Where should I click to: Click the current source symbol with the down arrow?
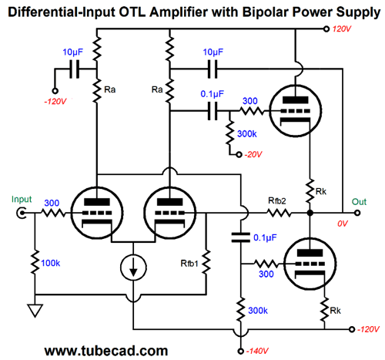point(133,267)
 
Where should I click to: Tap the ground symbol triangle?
point(35,311)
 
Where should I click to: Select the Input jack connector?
point(22,213)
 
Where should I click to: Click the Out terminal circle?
point(357,213)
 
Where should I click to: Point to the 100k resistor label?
point(51,263)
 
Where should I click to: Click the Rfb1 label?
point(189,264)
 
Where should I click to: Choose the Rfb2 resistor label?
point(277,200)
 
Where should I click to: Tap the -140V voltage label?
point(257,351)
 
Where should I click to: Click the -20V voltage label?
point(253,154)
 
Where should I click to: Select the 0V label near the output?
point(343,224)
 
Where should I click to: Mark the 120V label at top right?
point(342,29)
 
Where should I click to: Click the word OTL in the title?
point(133,12)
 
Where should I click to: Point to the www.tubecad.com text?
point(106,351)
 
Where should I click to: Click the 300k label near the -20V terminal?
point(247,134)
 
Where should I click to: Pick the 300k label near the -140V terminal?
point(258,311)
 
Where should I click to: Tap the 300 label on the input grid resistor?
point(52,203)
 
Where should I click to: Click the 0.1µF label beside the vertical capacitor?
point(265,237)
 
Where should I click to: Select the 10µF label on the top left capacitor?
point(73,52)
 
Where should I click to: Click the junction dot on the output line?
point(310,213)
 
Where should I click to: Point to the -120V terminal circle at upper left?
point(55,91)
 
